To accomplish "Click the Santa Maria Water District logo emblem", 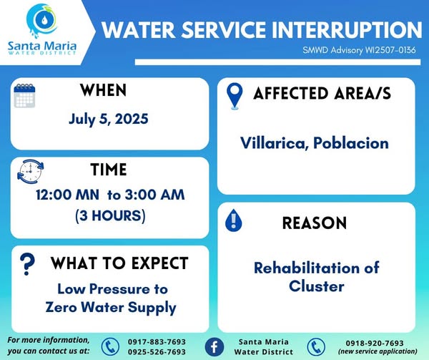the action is (42, 20).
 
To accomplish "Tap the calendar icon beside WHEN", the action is (24, 95).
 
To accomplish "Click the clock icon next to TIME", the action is (30, 171).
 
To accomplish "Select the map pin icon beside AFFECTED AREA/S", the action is (235, 96).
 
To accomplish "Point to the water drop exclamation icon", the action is (233, 220).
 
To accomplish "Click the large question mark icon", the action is (27, 264).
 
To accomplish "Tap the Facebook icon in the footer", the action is (214, 347).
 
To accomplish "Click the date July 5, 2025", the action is (109, 119).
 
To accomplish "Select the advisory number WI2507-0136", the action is (390, 50).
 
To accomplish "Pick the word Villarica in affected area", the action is (275, 143).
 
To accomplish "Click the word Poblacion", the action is (351, 143).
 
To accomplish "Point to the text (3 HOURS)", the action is (110, 215).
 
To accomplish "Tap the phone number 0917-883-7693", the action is (157, 342).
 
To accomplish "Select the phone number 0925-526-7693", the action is (157, 352).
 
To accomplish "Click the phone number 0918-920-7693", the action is (375, 343).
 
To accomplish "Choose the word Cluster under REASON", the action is (317, 286).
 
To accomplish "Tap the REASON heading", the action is (315, 223).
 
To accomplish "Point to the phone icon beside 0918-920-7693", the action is (316, 347).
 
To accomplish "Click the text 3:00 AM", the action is (155, 195).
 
